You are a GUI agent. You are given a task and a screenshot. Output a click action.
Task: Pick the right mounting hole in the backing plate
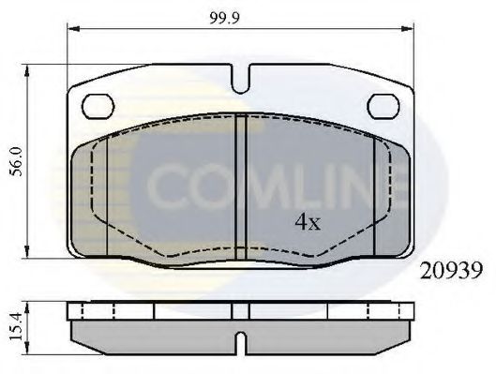click(383, 105)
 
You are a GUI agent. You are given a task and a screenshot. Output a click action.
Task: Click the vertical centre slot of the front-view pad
click(240, 183)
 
